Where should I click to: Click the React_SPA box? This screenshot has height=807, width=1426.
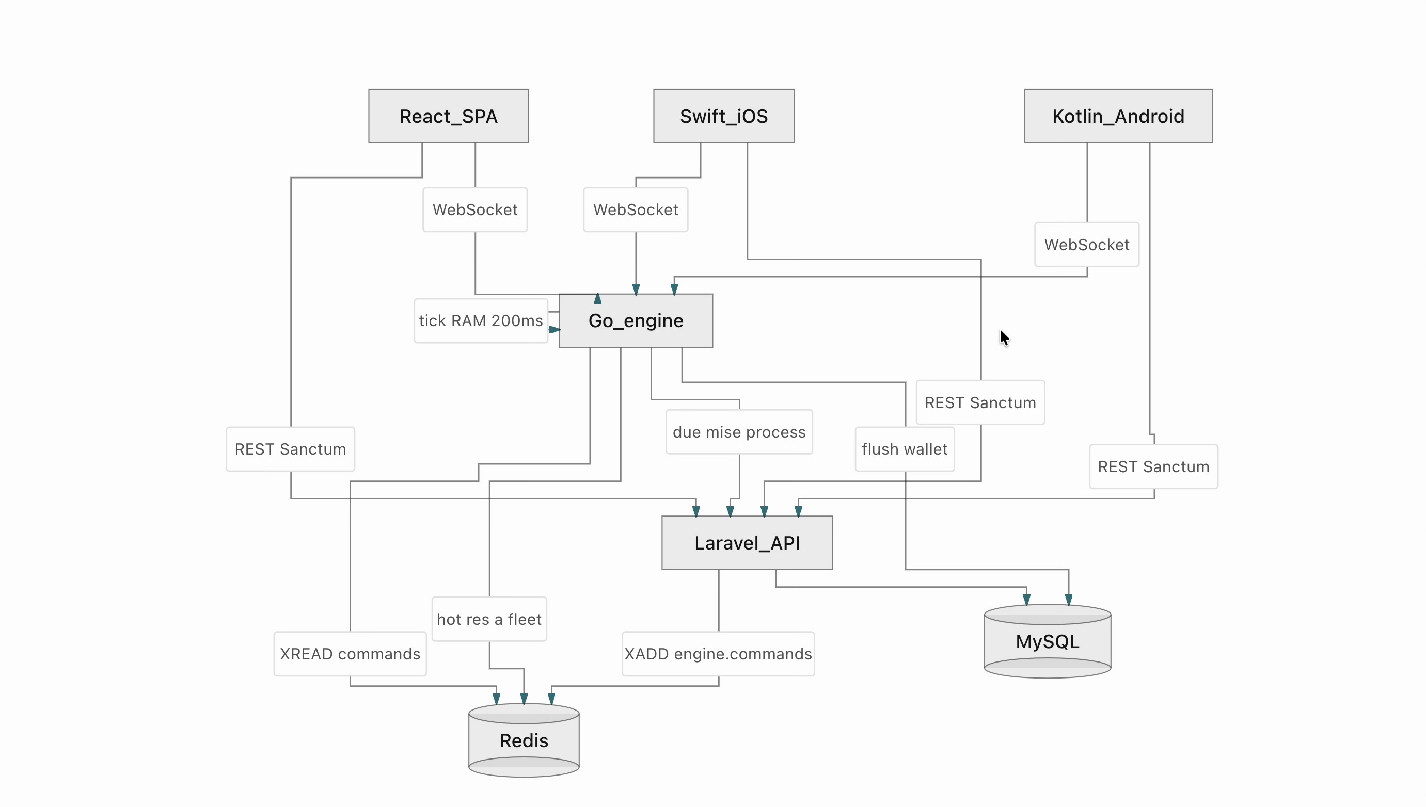[x=449, y=116]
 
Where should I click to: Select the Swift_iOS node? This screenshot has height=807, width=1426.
[x=723, y=116]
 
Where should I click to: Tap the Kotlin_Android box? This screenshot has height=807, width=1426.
[x=1118, y=116]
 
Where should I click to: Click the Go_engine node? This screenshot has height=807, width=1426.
[x=636, y=320]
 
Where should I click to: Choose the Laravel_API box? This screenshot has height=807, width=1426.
[x=747, y=543]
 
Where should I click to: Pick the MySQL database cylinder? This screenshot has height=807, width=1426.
[x=1048, y=641]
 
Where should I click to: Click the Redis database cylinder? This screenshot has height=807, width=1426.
[x=524, y=740]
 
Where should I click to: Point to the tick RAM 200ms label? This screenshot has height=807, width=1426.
[x=481, y=320]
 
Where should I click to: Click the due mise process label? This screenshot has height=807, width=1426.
[x=739, y=432]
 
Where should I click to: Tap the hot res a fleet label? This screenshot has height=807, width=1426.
[x=489, y=619]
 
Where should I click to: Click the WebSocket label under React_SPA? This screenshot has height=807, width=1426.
[x=475, y=209]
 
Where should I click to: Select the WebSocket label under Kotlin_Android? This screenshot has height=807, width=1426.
[x=1087, y=245]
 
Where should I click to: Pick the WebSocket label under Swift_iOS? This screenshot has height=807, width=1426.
[x=636, y=209]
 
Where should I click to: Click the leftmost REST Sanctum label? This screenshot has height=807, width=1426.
[x=291, y=449]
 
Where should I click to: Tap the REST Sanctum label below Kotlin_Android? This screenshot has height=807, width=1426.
[x=1154, y=466]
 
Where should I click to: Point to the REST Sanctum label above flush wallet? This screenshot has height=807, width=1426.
[x=980, y=402]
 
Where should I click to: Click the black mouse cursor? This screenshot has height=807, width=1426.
[x=1005, y=337]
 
